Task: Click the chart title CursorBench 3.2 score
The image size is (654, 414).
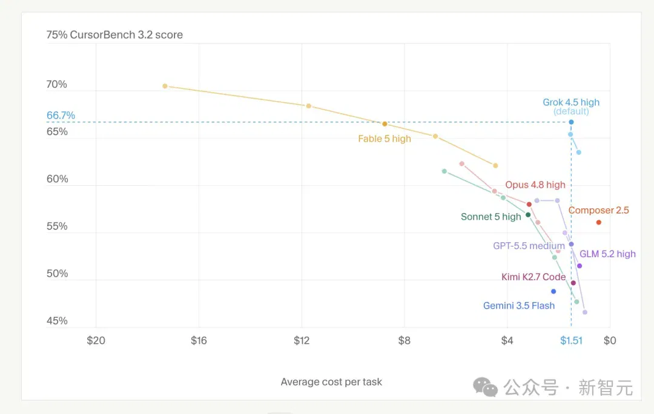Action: pos(126,34)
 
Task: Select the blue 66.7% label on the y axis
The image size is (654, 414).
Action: pos(61,115)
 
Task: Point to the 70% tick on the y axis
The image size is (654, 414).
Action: pos(57,84)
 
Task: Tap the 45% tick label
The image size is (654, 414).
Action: pos(57,321)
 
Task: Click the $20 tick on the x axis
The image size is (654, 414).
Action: pos(96,340)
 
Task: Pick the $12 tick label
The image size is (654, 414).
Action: pos(302,340)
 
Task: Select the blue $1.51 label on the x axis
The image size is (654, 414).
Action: pos(571,340)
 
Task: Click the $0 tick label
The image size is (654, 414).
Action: pos(610,340)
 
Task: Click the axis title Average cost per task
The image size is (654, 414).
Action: pos(331,381)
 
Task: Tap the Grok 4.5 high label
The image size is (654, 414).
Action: pos(571,102)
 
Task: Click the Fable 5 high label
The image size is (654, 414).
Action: pos(385,139)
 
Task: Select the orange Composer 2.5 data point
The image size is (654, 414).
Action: pos(598,222)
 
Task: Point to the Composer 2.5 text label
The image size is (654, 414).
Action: pos(598,210)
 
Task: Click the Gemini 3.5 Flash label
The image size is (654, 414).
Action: pos(519,306)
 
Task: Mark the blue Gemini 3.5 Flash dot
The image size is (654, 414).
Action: pos(553,291)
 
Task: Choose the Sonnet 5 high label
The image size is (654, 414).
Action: pos(491,217)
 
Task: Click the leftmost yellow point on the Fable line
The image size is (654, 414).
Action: pos(165,86)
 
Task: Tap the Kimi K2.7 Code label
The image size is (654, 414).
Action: pos(533,277)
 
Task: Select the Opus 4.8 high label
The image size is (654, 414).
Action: pos(535,185)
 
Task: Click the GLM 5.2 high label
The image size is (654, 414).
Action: pos(608,254)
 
